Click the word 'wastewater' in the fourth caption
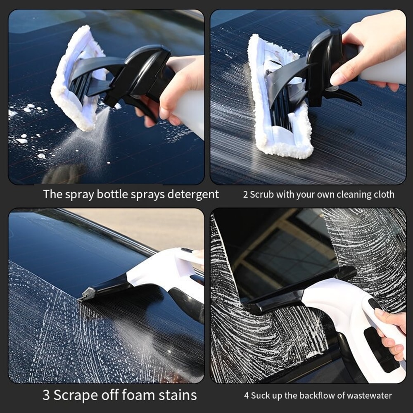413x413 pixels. (369, 396)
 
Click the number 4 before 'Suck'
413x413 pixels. (247, 396)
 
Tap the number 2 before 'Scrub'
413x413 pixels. (245, 195)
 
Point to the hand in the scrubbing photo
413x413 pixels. (363, 50)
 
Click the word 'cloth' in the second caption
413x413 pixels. (383, 195)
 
